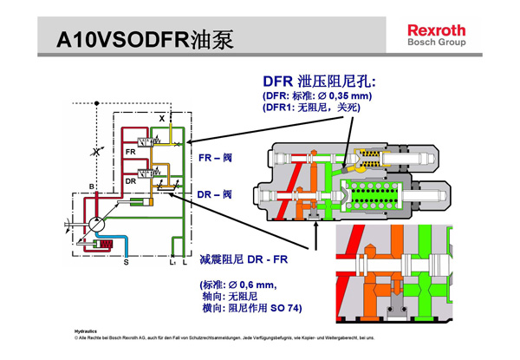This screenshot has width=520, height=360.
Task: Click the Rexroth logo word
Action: click(436, 29)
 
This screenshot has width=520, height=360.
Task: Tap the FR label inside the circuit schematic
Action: click(130, 152)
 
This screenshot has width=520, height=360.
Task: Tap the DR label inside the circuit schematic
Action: click(129, 180)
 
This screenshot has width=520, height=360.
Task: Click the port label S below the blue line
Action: click(125, 260)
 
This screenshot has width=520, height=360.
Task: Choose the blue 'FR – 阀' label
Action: click(216, 159)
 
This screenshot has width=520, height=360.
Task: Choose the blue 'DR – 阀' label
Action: click(216, 194)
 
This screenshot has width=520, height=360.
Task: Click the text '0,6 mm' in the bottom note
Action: click(255, 285)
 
